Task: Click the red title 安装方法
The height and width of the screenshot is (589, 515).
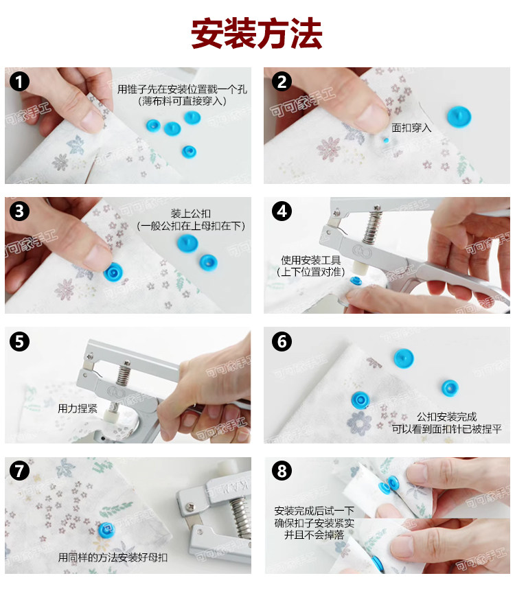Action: click(x=257, y=34)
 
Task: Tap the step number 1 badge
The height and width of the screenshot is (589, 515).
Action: click(x=19, y=82)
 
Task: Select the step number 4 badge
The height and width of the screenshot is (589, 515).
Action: click(x=282, y=211)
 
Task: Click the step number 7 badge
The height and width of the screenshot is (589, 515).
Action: click(x=19, y=471)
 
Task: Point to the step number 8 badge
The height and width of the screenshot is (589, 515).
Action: click(x=282, y=471)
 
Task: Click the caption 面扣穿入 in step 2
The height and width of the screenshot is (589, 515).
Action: click(x=411, y=128)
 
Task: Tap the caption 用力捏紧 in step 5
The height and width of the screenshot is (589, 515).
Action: click(x=78, y=408)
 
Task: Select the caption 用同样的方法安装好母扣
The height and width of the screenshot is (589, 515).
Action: click(x=113, y=557)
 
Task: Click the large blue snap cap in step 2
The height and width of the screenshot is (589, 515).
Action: click(x=459, y=116)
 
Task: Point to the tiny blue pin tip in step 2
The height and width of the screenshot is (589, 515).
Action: click(x=386, y=140)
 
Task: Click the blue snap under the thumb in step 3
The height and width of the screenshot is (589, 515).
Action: click(x=113, y=272)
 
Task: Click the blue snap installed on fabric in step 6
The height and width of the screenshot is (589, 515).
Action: click(x=360, y=400)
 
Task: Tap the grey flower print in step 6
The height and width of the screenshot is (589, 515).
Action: click(x=359, y=424)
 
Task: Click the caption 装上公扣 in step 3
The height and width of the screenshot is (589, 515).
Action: click(x=190, y=213)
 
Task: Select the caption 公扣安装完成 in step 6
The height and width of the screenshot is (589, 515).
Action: click(x=446, y=417)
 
